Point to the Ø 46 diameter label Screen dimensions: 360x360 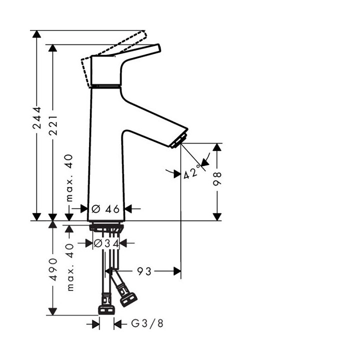(x=105, y=208)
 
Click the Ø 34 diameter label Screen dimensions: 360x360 (x=106, y=243)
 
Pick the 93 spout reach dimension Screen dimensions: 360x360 (x=144, y=271)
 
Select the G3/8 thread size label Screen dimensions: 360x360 (x=147, y=324)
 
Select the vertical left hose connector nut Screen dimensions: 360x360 (x=106, y=305)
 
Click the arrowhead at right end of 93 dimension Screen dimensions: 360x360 (x=176, y=271)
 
